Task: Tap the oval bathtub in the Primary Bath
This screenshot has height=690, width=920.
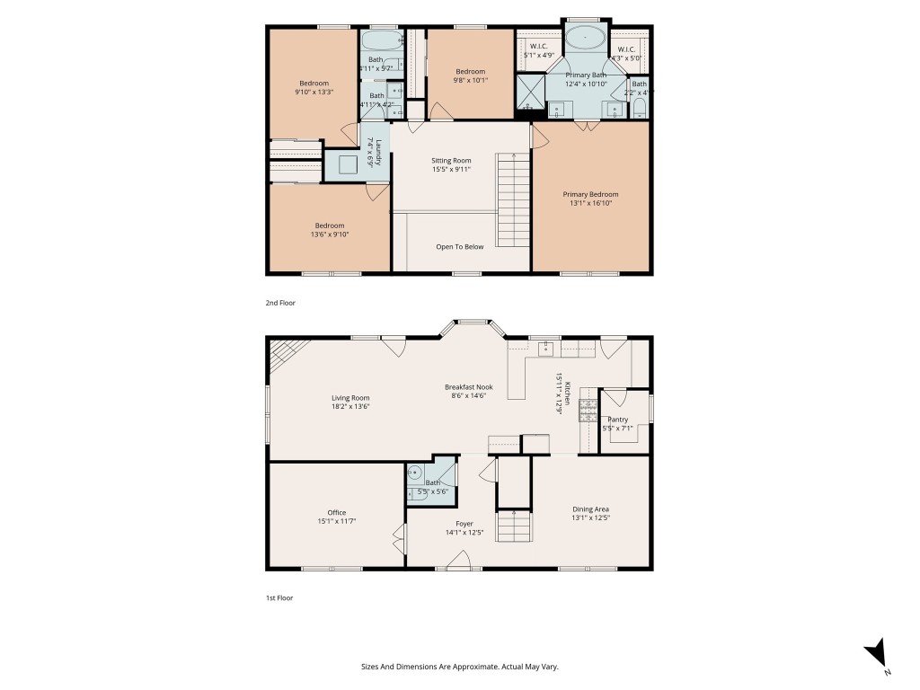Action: click(585, 39)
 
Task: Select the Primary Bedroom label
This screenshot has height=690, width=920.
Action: click(590, 194)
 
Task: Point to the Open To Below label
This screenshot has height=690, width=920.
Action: click(459, 246)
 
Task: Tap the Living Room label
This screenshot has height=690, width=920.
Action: click(350, 398)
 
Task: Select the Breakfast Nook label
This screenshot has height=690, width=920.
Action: click(468, 387)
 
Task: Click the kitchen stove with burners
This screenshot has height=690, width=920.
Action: click(588, 411)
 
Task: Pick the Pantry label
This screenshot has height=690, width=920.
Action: click(617, 419)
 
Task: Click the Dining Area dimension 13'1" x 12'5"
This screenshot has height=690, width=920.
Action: click(590, 518)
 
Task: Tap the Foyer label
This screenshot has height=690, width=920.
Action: click(464, 524)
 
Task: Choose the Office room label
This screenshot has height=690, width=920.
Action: click(337, 513)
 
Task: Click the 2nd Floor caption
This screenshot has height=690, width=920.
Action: click(280, 303)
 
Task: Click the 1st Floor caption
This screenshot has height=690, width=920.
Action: click(279, 597)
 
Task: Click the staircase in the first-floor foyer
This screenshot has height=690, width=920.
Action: click(515, 526)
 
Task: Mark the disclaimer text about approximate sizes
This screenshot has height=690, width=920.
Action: click(459, 667)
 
